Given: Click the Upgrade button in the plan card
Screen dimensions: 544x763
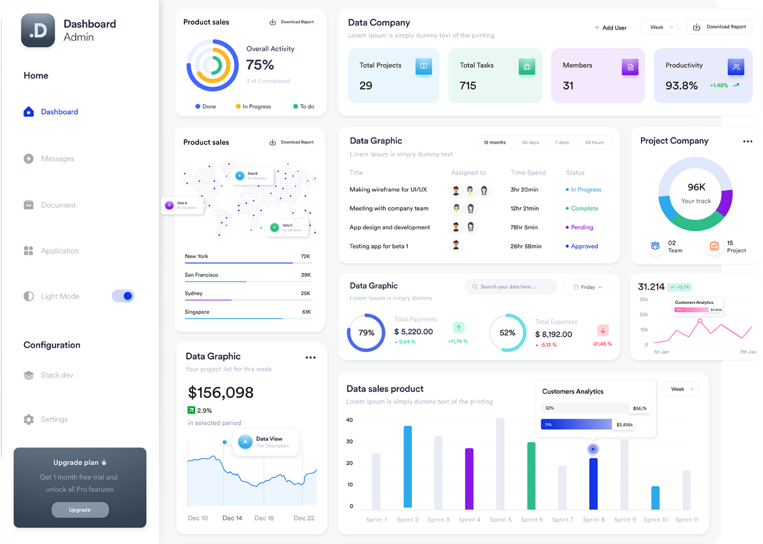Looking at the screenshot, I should click(80, 509).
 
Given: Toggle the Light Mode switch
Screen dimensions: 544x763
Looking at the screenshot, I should click(123, 296).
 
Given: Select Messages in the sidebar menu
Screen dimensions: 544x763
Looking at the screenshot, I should click(57, 159).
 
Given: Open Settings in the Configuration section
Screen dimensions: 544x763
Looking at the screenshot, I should click(54, 419).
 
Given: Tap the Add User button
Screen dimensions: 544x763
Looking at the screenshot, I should click(610, 27).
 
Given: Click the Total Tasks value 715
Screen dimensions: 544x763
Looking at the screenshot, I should click(468, 85).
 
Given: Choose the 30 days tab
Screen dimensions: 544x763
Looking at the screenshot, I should click(530, 142).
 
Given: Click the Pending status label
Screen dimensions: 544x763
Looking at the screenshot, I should click(582, 227).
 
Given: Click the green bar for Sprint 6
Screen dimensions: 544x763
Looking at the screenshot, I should click(531, 475).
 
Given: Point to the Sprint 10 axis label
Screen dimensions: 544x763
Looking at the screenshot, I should click(656, 520).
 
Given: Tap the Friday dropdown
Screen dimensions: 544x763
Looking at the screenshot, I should click(588, 287).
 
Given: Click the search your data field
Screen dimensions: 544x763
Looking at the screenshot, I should click(510, 287).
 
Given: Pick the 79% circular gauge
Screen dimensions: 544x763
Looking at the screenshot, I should click(366, 333).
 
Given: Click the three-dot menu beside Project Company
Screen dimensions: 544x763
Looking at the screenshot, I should click(747, 141).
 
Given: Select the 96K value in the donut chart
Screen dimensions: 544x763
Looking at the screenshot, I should click(696, 187).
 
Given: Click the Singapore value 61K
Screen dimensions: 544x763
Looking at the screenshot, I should click(306, 312).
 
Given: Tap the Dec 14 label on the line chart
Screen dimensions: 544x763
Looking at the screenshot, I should click(232, 518).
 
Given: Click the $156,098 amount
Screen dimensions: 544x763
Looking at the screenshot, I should click(221, 392).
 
